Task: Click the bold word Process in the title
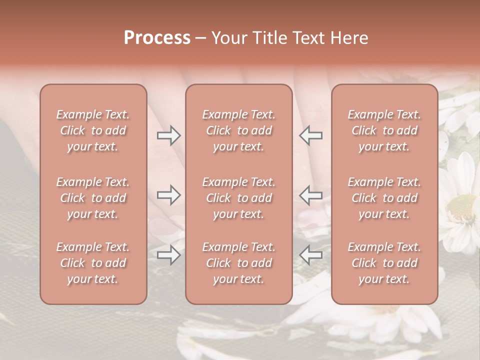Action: tap(157, 38)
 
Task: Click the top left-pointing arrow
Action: tap(311, 135)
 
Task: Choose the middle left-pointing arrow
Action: tap(311, 195)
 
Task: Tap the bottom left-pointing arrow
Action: tap(311, 255)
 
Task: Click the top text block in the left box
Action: tap(93, 130)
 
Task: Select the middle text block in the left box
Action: tap(93, 198)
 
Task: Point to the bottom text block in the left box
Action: tap(93, 263)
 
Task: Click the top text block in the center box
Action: tap(238, 130)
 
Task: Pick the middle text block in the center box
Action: tap(238, 198)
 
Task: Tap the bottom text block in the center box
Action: tap(238, 263)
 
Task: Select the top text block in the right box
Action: tap(384, 130)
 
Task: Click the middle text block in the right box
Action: tap(384, 198)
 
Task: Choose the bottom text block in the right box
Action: tap(384, 263)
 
